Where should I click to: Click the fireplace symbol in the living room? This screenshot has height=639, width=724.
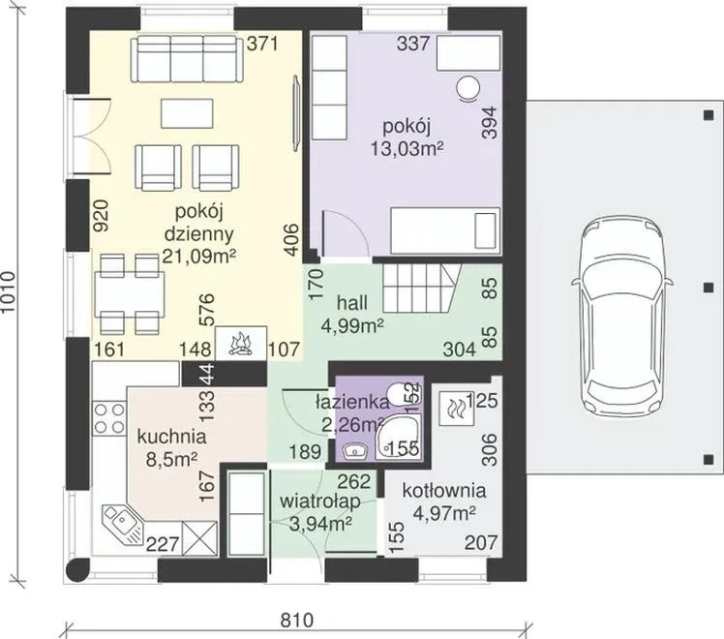(x=241, y=343)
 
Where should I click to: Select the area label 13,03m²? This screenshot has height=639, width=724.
(x=407, y=149)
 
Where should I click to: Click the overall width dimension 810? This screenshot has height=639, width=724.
(x=297, y=620)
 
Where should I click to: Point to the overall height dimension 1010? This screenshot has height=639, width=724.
(x=9, y=291)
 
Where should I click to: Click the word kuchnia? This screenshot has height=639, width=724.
(x=171, y=437)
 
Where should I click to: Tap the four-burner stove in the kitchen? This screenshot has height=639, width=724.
(x=109, y=418)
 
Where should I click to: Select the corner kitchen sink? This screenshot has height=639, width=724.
(x=122, y=523)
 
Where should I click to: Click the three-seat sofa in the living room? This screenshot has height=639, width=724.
(x=187, y=60)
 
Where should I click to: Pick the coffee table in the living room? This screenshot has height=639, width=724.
(x=187, y=113)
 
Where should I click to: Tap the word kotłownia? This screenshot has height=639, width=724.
(x=444, y=490)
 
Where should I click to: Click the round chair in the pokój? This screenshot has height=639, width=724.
(x=468, y=88)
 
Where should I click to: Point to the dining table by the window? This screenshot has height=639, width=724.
(x=130, y=293)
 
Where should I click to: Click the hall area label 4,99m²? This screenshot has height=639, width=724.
(x=352, y=325)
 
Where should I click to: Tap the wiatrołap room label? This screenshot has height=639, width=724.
(x=320, y=502)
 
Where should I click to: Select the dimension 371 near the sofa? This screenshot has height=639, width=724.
(x=262, y=44)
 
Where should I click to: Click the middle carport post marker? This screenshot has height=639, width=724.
(x=709, y=288)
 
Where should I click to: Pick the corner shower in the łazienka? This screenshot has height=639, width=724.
(x=398, y=437)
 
